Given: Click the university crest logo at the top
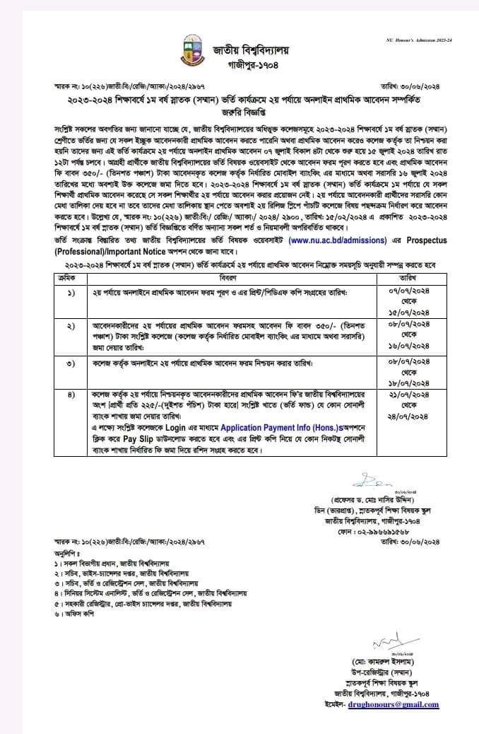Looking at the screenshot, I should point(189,51).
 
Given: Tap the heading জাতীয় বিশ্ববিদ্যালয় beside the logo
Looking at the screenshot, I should point(252,49).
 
